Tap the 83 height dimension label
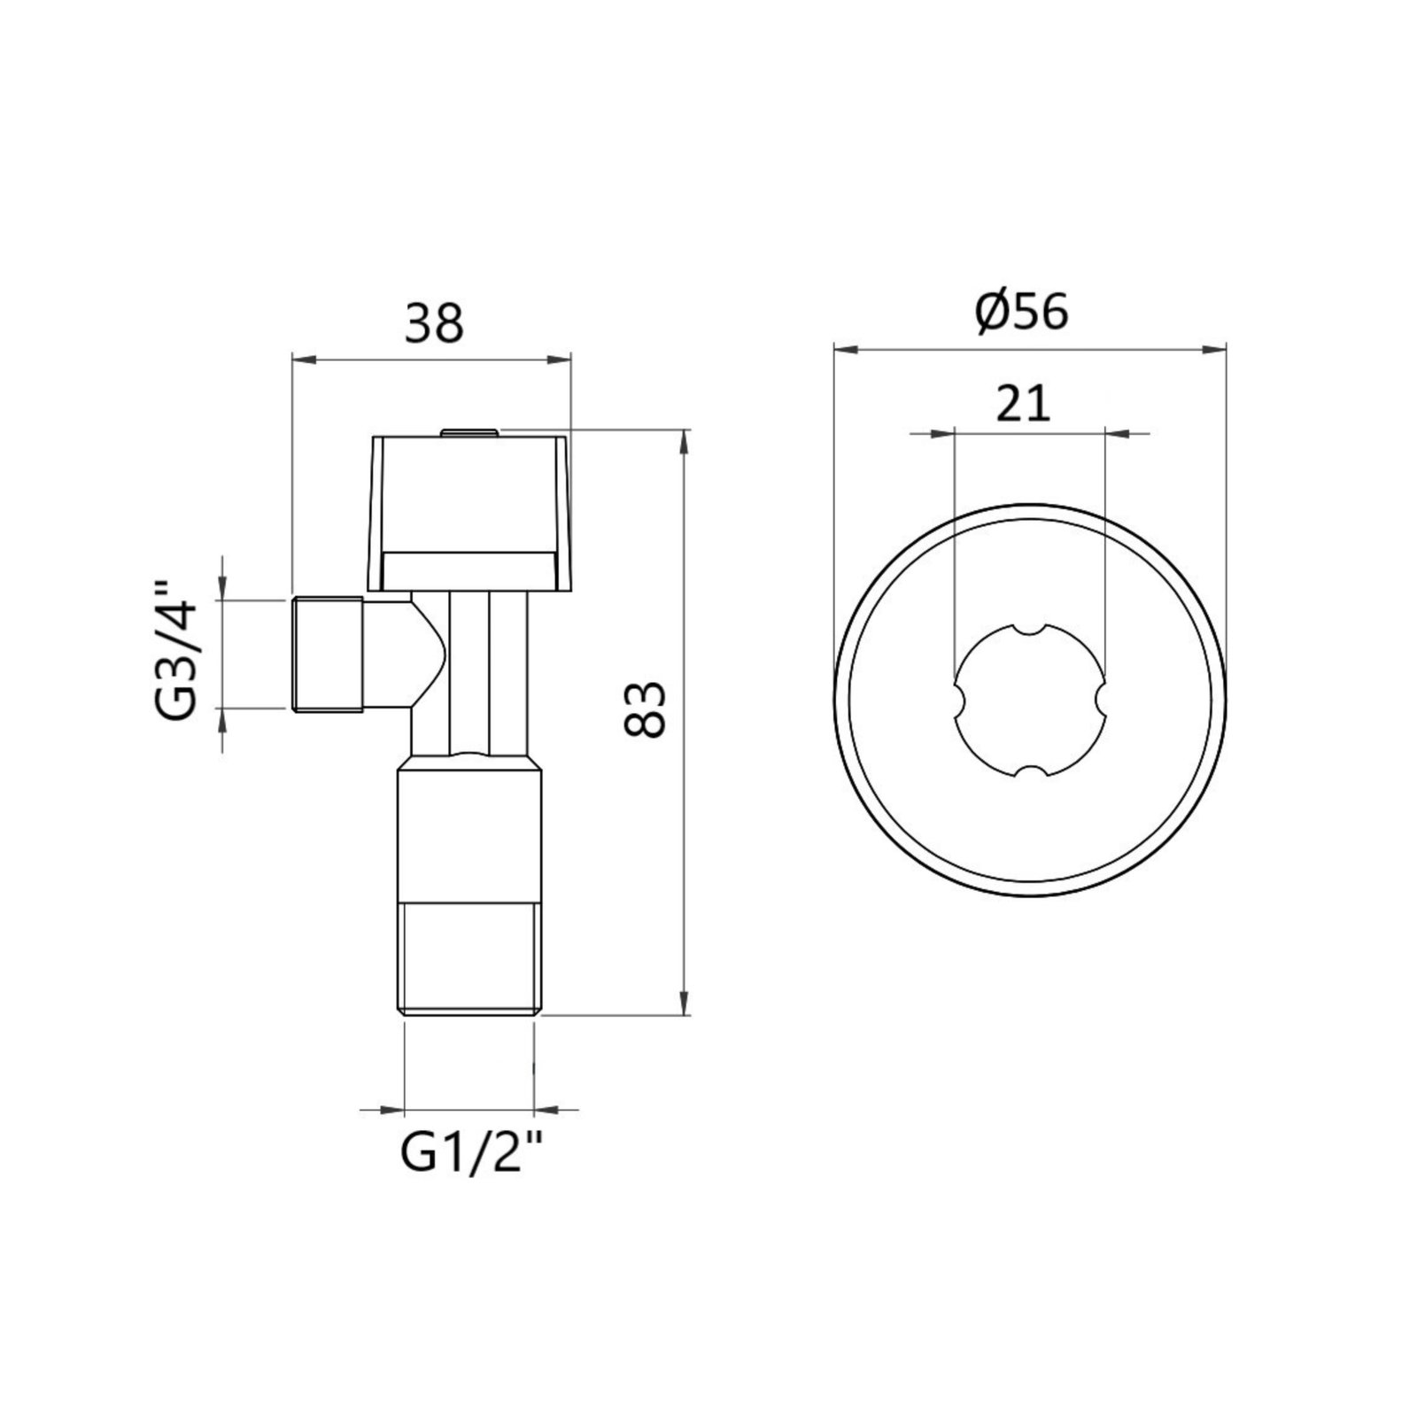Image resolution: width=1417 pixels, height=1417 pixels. [x=645, y=709]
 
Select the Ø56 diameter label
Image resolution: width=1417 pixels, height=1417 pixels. [x=1022, y=312]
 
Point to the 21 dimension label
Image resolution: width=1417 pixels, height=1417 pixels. [x=1023, y=404]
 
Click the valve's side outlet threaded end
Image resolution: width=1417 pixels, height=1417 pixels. [x=327, y=654]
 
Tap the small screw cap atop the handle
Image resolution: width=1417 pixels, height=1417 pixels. [x=469, y=432]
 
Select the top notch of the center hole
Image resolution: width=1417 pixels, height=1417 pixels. [x=1030, y=629]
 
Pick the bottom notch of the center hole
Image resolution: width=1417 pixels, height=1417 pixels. [x=1030, y=773]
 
